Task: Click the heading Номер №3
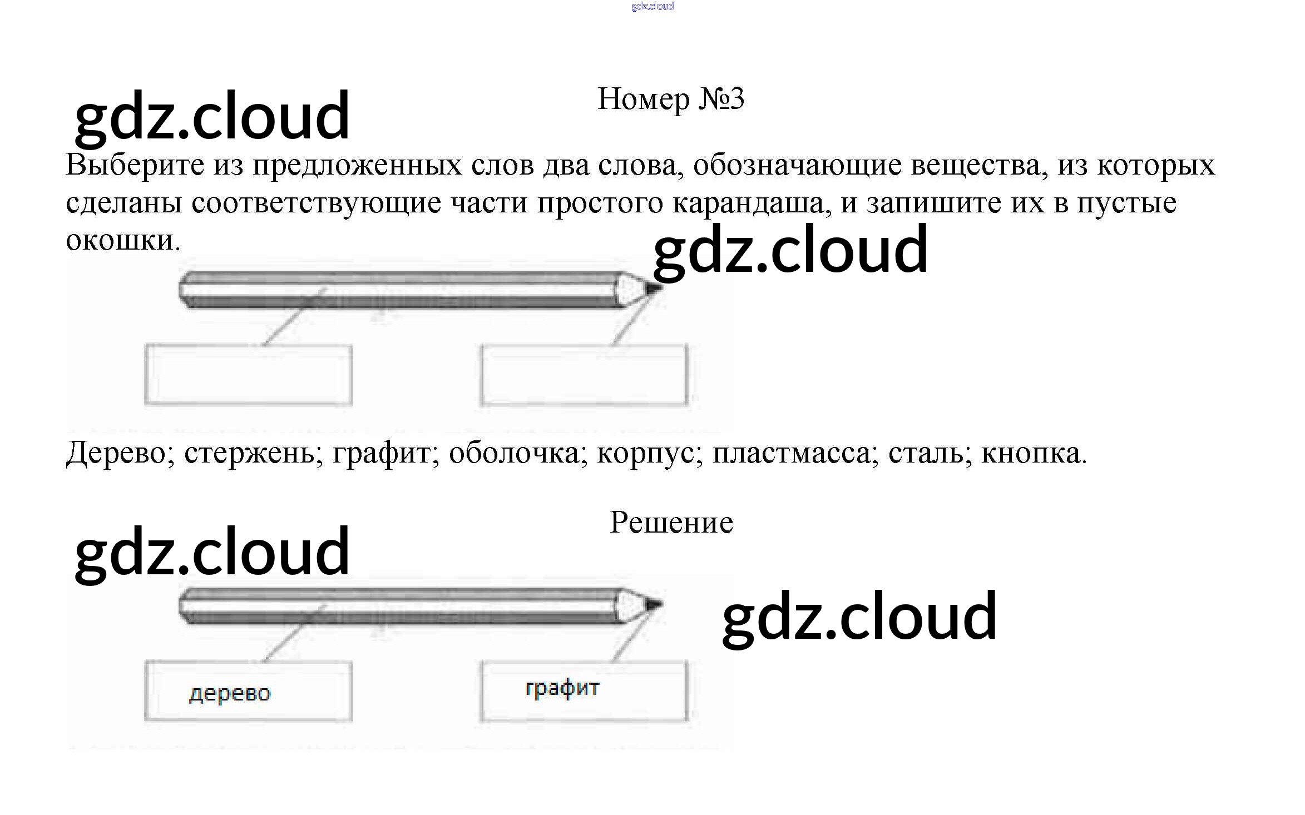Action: (x=670, y=100)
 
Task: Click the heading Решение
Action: (x=671, y=523)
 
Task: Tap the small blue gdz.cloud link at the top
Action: (x=652, y=6)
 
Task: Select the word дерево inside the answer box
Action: (x=230, y=693)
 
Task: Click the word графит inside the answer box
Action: (x=562, y=688)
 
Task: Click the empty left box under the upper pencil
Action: (x=248, y=375)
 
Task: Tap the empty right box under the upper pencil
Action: (x=584, y=375)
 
